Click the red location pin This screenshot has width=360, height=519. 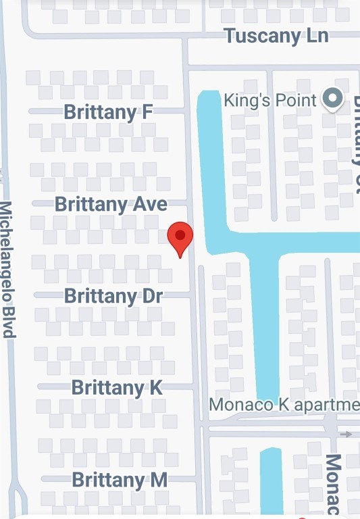point(180,237)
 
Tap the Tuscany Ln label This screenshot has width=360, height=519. point(276,36)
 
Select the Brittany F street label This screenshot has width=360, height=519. point(108,112)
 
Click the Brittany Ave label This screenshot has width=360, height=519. point(111,203)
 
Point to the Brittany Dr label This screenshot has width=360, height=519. point(118,295)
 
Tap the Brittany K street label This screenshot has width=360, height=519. point(117,387)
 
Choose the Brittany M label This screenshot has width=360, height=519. point(120,480)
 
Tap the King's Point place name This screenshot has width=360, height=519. point(269,101)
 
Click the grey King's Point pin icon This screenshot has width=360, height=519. point(332,99)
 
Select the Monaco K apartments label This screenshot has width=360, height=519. point(284,405)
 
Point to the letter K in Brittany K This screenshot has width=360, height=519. point(155,387)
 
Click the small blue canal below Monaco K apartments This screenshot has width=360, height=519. point(271,480)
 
